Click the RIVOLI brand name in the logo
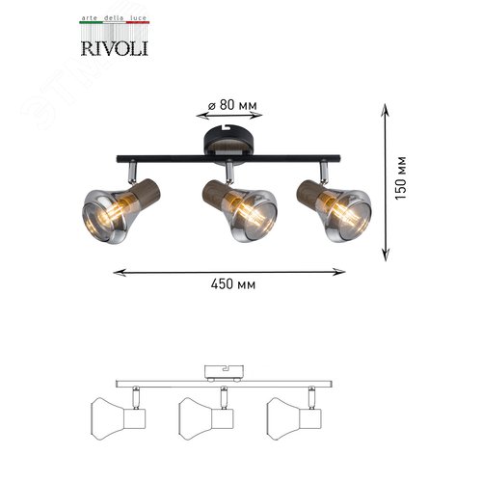115,48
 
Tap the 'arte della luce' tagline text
115,18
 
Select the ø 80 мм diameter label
232,105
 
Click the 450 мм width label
233,284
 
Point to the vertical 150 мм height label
400,178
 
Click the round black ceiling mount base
228,142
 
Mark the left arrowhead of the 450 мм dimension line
120,273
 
